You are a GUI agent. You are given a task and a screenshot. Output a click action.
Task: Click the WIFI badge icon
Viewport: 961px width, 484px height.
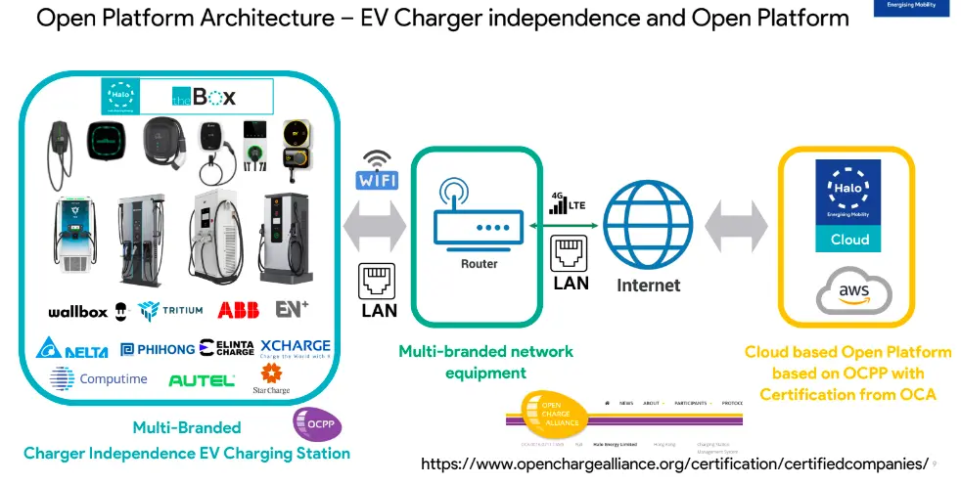pyautogui.click(x=377, y=181)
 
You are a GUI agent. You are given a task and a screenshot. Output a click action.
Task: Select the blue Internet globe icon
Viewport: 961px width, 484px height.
pyautogui.click(x=647, y=224)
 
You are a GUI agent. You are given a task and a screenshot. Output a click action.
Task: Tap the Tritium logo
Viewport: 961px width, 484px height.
pyautogui.click(x=171, y=311)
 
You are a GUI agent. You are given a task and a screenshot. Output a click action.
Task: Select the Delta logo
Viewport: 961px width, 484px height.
pyautogui.click(x=75, y=348)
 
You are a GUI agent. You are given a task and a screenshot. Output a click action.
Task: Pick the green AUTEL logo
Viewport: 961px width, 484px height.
pyautogui.click(x=202, y=379)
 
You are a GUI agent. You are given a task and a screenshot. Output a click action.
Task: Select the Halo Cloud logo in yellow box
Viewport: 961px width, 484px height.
pyautogui.click(x=848, y=203)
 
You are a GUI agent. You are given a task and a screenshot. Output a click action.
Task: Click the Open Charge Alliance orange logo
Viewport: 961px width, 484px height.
pyautogui.click(x=553, y=413)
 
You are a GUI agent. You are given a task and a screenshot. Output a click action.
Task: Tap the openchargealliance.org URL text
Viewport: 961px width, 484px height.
pyautogui.click(x=674, y=463)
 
